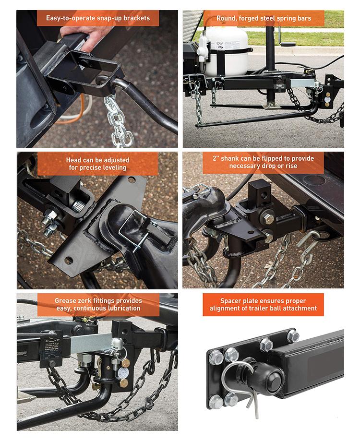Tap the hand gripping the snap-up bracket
point(84,38)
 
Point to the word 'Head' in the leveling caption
point(74,160)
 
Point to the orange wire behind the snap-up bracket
point(74,111)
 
